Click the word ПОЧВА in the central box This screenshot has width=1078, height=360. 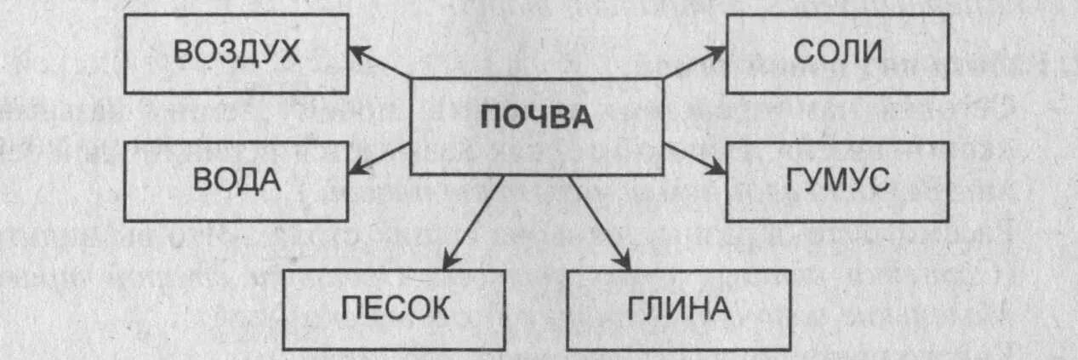click(536, 117)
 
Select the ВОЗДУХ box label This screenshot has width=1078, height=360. click(237, 52)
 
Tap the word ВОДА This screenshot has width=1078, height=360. click(237, 180)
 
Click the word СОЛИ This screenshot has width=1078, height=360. click(837, 53)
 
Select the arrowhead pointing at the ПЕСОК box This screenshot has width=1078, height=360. click(449, 260)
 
